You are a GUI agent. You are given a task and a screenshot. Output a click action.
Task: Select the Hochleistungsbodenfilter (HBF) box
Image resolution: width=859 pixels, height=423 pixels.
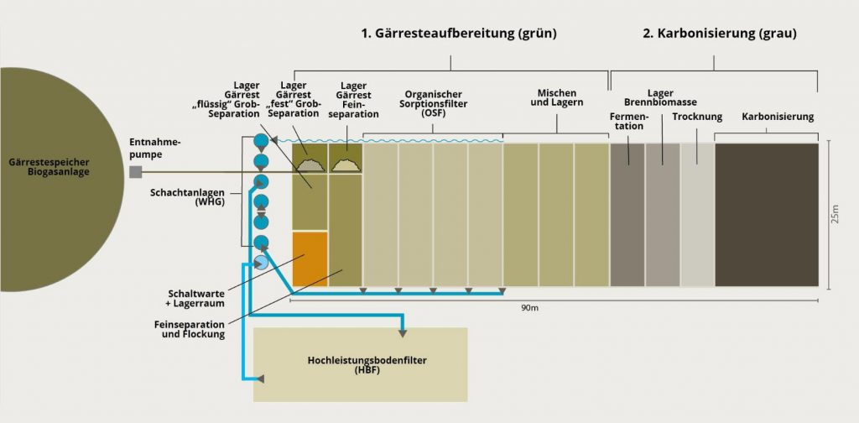click(361, 364)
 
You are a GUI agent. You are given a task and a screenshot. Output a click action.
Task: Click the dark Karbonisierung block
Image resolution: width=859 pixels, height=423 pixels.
click(766, 215)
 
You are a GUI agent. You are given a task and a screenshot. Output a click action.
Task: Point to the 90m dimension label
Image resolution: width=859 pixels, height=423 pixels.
click(529, 308)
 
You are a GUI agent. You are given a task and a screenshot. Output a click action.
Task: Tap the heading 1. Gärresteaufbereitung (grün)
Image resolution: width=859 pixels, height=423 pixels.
click(459, 34)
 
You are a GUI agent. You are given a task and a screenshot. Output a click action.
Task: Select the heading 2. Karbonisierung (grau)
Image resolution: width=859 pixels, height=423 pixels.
click(720, 34)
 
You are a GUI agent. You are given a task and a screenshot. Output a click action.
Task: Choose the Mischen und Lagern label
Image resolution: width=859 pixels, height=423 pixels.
click(557, 99)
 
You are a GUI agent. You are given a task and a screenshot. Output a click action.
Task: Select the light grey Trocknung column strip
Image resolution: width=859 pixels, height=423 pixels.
click(695, 215)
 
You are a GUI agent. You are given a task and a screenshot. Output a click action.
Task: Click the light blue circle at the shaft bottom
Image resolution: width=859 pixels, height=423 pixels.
click(261, 262)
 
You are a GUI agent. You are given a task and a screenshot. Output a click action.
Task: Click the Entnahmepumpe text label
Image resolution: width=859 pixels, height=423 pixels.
click(152, 148)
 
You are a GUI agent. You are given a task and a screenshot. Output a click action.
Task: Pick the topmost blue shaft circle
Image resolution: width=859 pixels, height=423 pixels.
click(261, 141)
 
